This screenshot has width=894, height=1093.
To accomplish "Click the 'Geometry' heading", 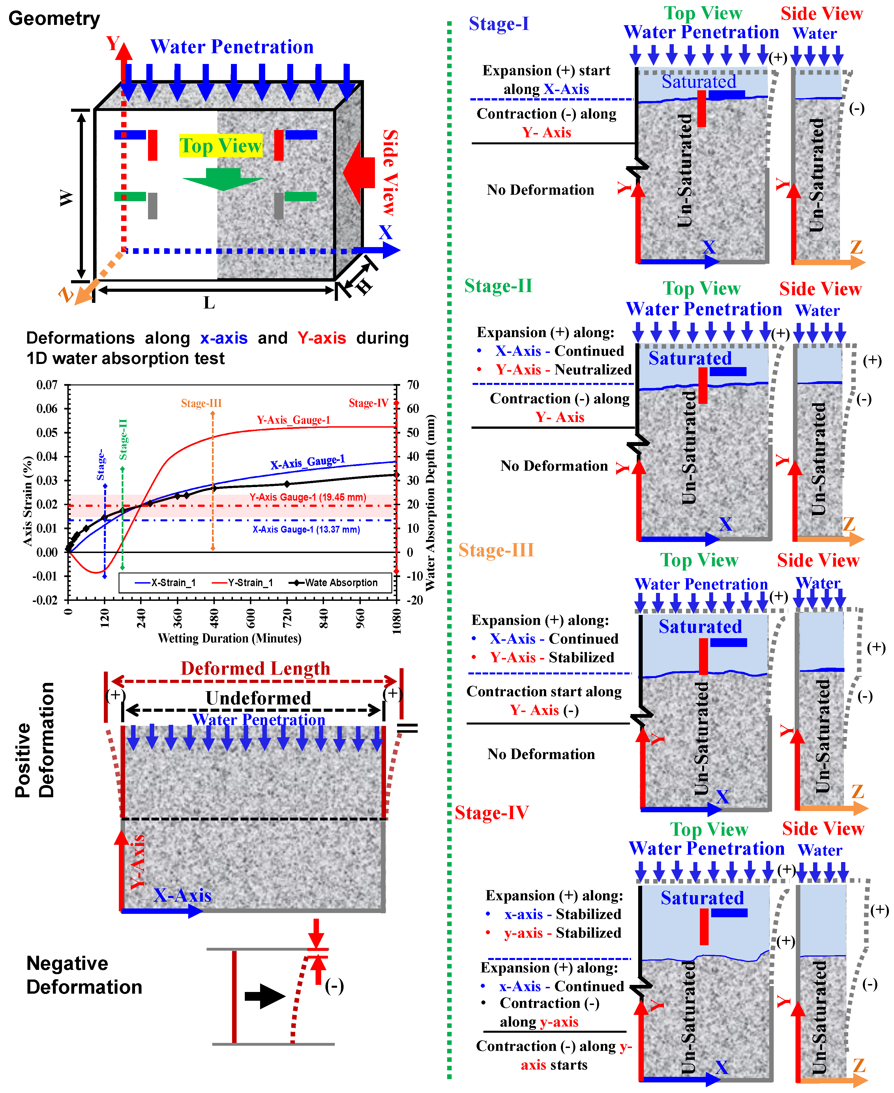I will (x=54, y=19).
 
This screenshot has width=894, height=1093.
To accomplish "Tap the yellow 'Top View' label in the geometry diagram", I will (x=220, y=146).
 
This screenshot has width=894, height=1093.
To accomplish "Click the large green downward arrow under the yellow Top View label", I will (x=223, y=179).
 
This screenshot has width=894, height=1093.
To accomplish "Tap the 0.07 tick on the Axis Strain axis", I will (x=47, y=385).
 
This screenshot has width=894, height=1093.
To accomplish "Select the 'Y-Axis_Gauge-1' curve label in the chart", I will (x=293, y=420).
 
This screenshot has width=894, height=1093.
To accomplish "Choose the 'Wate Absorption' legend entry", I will (x=341, y=582).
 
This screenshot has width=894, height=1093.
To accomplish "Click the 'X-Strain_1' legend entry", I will (x=173, y=582).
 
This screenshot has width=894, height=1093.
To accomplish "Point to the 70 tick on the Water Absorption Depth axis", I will (x=413, y=385).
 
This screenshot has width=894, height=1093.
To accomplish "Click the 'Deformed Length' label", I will (x=256, y=668).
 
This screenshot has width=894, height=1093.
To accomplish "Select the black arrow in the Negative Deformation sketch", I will (x=265, y=996).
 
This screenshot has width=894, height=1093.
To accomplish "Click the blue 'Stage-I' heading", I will (x=498, y=24).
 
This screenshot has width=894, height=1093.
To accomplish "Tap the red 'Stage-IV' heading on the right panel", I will (x=492, y=813).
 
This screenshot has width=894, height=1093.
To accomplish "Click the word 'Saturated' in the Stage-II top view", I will (x=690, y=358).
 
